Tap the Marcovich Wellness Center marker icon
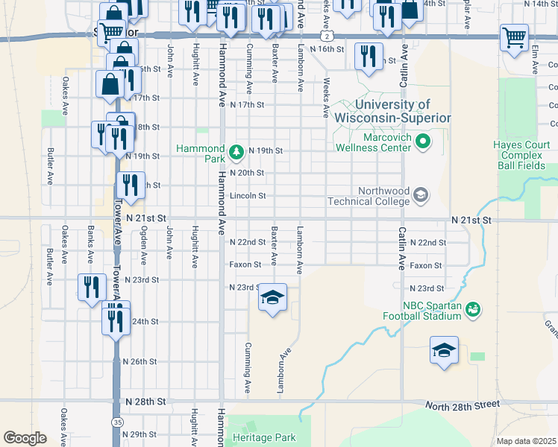pos(423,140)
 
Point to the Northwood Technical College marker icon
pos(420,196)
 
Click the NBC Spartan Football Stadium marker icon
pos(471,308)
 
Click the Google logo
pos(25,438)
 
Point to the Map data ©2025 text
pos(526,441)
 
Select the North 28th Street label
pos(462,405)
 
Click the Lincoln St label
pos(248,196)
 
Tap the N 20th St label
pos(246,173)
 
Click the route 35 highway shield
pos(118,422)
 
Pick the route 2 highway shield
pos(326,36)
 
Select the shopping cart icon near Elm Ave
pos(514,37)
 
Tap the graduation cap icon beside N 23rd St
pos(272,299)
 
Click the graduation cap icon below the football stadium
pos(443,350)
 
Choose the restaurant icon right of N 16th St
pos(369,56)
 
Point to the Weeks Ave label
pos(326,98)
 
